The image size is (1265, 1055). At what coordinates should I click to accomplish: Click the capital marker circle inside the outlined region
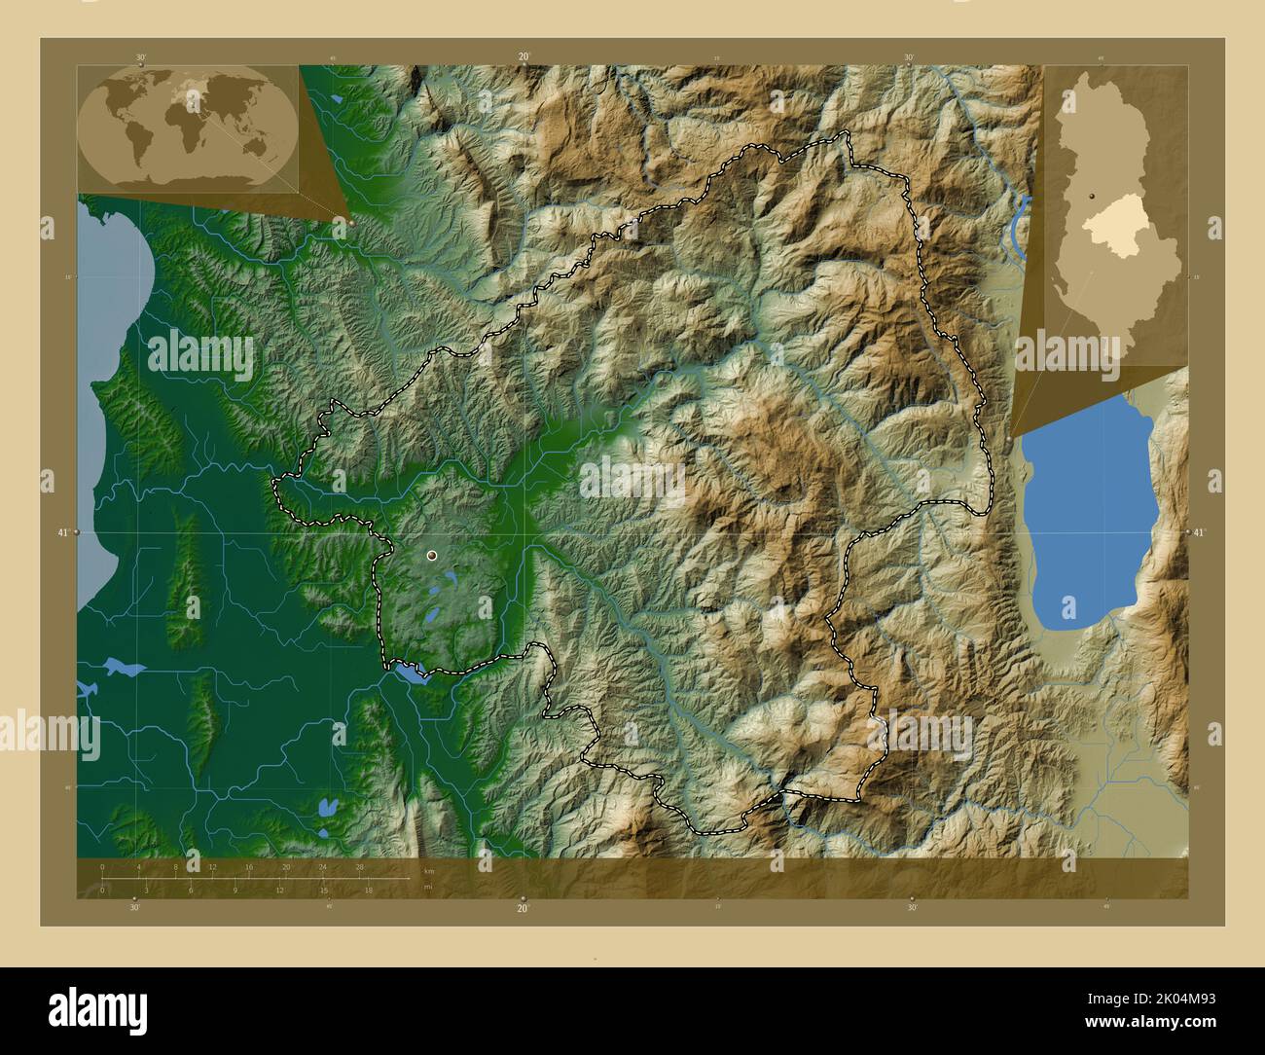click(432, 556)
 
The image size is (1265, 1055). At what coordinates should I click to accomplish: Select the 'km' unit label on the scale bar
click(429, 870)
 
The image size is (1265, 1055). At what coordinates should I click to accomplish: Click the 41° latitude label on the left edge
click(63, 533)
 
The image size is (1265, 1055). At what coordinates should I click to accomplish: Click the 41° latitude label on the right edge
click(1199, 532)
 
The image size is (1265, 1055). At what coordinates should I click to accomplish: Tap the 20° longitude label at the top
click(524, 57)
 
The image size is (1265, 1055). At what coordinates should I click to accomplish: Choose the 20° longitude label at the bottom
click(523, 908)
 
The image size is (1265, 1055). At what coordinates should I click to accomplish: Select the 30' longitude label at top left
click(141, 57)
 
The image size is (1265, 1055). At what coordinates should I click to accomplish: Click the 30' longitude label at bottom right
click(912, 908)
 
